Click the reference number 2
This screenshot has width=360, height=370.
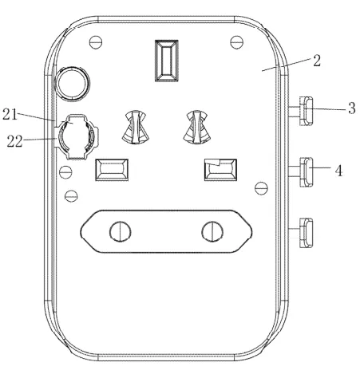click(316, 61)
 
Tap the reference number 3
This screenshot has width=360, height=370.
click(352, 108)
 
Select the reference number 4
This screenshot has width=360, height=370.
click(338, 171)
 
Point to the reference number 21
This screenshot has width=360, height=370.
click(10, 115)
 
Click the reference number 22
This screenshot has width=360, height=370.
click(14, 141)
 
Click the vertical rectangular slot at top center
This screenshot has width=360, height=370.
click(167, 61)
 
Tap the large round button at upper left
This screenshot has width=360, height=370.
click(72, 84)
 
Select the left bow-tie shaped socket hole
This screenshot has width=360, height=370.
click(136, 127)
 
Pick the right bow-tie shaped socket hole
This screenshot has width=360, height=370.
click(197, 127)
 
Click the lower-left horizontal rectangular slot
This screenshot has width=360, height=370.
click(112, 170)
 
